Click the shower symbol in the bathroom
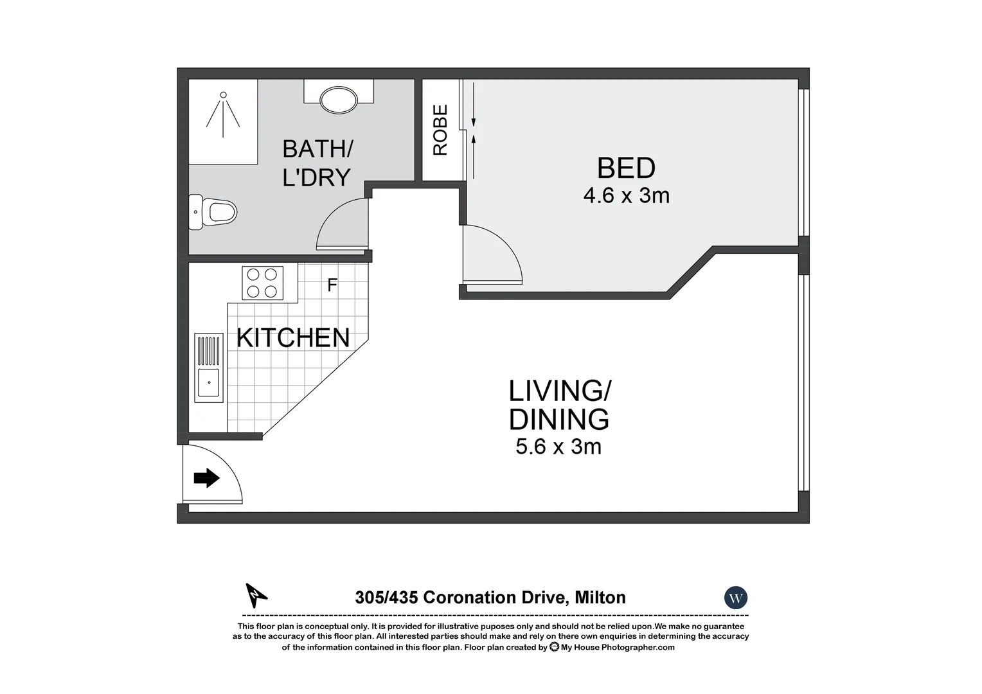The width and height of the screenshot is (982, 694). [x=223, y=114]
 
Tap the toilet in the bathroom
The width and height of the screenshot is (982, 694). [x=214, y=211]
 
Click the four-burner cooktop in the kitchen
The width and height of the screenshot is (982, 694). [x=263, y=283]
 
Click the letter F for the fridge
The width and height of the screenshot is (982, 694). [x=332, y=285]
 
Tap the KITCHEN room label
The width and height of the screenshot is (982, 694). [x=293, y=338]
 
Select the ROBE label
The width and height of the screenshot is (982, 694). [x=440, y=130]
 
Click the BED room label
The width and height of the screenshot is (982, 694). [x=626, y=168]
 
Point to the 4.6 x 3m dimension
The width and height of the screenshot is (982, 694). [x=626, y=195]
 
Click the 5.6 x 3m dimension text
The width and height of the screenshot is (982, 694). [x=558, y=447]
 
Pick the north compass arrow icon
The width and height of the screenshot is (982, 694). [x=256, y=595]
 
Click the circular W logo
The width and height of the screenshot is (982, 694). [x=736, y=598]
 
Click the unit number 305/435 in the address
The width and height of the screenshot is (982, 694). [x=387, y=598]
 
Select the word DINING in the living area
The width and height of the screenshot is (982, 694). [x=558, y=420]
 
